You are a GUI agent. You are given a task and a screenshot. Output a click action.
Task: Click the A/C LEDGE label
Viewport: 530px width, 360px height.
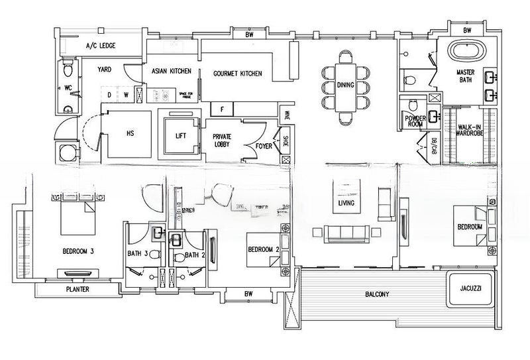101,46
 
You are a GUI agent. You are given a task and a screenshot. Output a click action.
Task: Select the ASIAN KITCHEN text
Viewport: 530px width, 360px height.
171,71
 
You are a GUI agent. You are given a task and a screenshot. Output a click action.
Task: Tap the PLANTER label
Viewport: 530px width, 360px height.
78,290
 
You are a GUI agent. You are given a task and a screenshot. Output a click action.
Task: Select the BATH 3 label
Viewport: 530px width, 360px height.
138,254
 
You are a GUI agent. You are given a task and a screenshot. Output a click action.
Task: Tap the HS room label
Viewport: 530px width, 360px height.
130,133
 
